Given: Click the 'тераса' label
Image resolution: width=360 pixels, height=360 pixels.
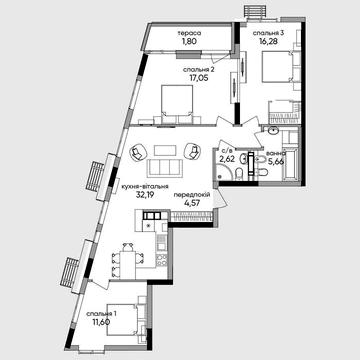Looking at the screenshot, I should point(190,32).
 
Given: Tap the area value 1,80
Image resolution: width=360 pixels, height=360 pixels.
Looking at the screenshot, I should point(190,42).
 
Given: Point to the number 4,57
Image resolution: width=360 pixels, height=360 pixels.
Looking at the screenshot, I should point(193,208).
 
